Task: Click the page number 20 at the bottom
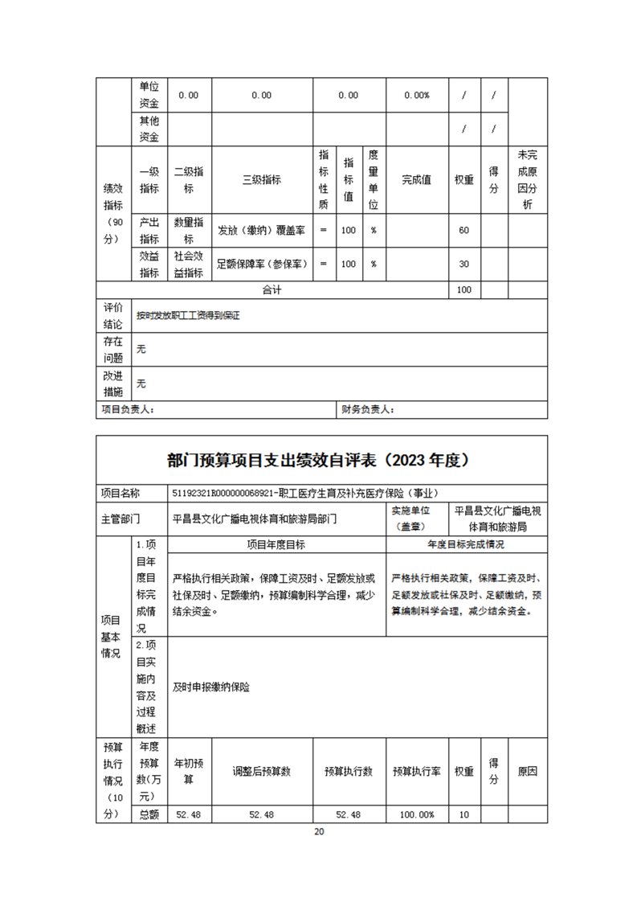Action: tap(319, 831)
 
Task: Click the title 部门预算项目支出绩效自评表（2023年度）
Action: tap(318, 461)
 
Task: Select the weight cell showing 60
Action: tap(463, 231)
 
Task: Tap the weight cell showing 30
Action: tap(463, 264)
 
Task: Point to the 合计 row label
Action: tap(272, 289)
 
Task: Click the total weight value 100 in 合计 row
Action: tap(463, 289)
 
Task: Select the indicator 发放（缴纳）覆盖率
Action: tap(261, 231)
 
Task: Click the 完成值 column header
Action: tap(417, 180)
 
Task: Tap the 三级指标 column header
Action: tap(261, 180)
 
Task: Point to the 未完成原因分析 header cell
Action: tap(527, 180)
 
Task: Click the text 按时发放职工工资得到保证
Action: tap(188, 316)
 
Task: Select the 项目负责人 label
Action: tap(128, 410)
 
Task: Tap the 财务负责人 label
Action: tap(367, 410)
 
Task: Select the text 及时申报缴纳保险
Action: tap(211, 687)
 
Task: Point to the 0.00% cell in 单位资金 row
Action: tap(416, 95)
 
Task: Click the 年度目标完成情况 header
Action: tap(466, 544)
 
